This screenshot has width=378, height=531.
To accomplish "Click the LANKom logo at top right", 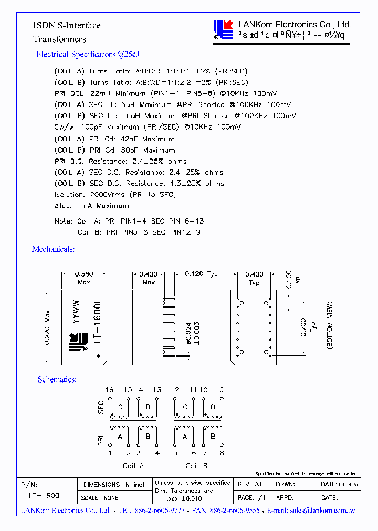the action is point(223,30).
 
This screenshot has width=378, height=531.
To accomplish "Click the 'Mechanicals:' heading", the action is point(54,249).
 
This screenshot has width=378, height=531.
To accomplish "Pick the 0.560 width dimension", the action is point(84,274).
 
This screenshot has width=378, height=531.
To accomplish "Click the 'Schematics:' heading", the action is point(57,379).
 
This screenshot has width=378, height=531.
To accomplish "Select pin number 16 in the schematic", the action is point(109,390).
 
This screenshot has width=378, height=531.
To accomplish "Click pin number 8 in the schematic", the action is point(222,453).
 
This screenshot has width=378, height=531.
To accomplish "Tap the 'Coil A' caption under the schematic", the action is point(133,465).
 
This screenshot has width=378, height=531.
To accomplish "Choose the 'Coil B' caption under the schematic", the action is point(196,465).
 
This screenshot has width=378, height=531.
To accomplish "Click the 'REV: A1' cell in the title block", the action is point(250,484).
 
